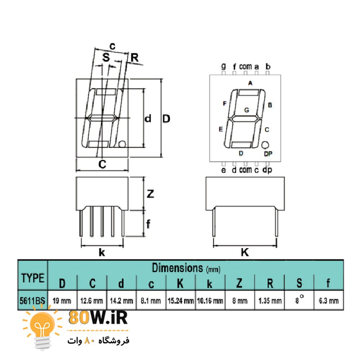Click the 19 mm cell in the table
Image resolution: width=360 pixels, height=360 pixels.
pos(62,301)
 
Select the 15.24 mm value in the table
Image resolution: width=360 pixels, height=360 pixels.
pos(181,301)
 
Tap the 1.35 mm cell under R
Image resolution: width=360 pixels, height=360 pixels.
pos(270,301)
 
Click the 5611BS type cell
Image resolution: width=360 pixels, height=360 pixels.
pos(32,301)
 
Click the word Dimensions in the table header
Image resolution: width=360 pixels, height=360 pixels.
pos(177,268)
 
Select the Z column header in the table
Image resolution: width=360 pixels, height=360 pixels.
pos(239,283)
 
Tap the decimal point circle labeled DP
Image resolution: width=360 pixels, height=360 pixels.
pos(265,145)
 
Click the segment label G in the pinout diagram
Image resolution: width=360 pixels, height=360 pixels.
pos(247,110)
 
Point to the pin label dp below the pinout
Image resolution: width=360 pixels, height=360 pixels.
pos(267,170)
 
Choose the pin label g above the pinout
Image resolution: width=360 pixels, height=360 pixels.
pos(224,67)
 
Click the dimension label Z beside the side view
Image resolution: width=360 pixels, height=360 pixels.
pos(150,194)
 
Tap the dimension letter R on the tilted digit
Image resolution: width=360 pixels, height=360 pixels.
pos(135,58)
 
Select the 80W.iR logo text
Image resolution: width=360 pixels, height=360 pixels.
pos(98,318)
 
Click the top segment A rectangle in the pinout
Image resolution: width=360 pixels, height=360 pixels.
pos(249,93)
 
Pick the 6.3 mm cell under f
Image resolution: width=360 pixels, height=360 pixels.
pos(329,301)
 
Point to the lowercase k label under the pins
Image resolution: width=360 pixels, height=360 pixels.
pos(102,252)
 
